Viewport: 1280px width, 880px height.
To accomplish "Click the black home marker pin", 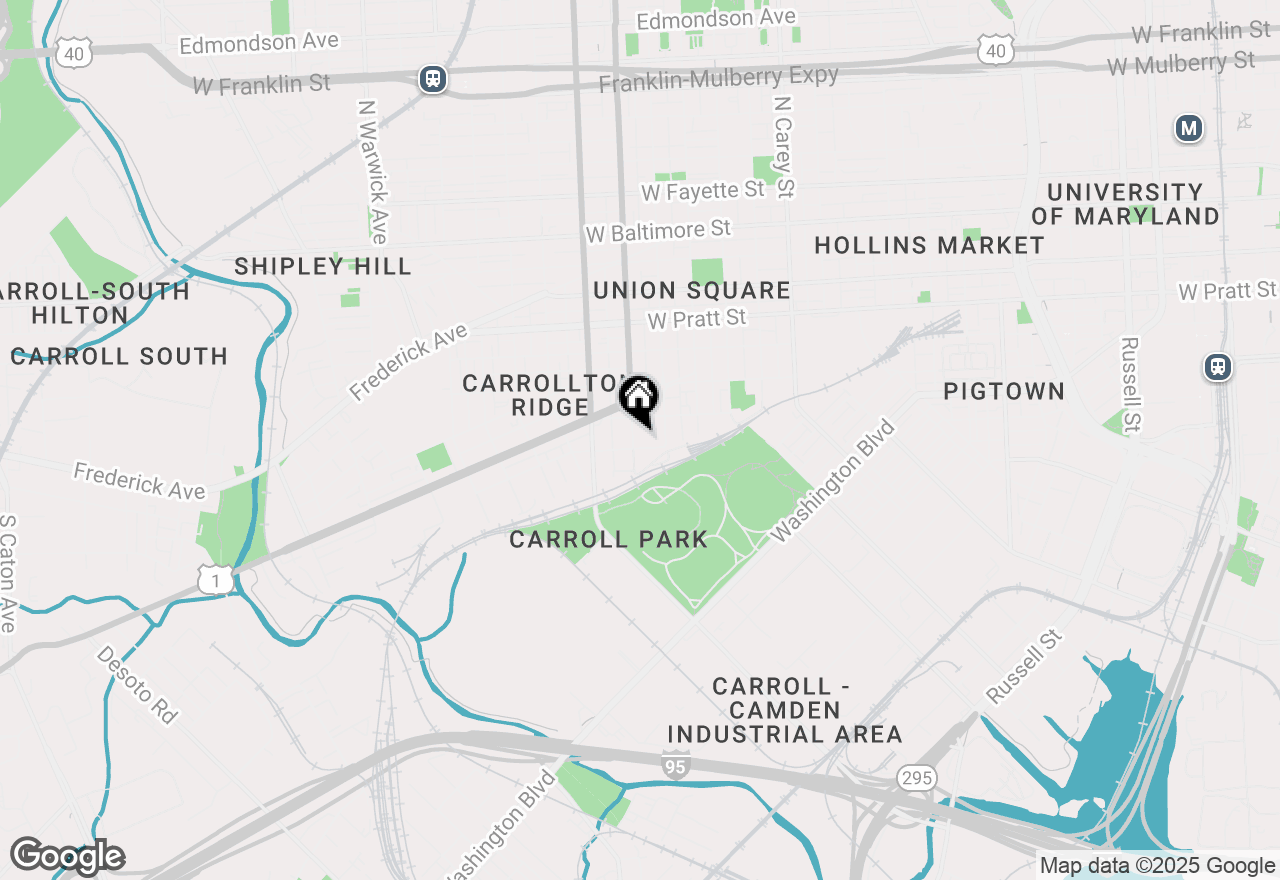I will (638, 397).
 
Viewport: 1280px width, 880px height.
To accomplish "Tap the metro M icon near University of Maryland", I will (1188, 128).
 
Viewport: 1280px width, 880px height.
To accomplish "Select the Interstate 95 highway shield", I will (675, 765).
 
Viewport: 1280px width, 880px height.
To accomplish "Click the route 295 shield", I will (916, 777).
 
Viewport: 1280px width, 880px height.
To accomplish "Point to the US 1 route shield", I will (215, 579).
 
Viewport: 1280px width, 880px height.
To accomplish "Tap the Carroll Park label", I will (608, 540).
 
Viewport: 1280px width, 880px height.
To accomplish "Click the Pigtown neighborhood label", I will (1004, 391).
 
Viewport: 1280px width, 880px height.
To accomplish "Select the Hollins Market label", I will (929, 245).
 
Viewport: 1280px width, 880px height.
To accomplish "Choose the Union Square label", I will (692, 291).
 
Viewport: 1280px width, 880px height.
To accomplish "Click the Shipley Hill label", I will (323, 266).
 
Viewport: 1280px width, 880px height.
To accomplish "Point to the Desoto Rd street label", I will (138, 685).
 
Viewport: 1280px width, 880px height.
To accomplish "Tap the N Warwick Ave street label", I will (372, 171).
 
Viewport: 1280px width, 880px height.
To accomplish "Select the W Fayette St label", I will (703, 190).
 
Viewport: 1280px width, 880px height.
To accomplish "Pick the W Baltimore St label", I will (659, 231).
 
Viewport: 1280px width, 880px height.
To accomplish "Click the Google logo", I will (67, 856).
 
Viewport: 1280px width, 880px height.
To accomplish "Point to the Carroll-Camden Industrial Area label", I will (785, 710).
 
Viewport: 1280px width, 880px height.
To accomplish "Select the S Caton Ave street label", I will (8, 574).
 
